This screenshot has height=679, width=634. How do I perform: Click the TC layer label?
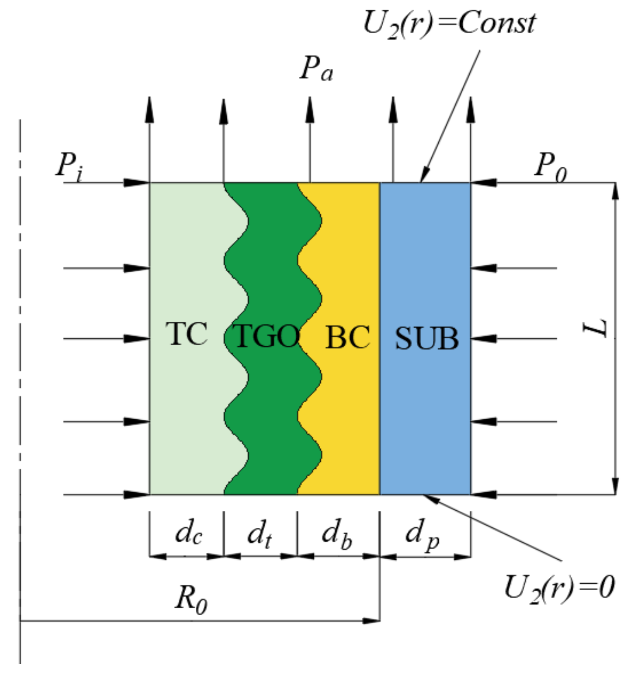click(x=186, y=334)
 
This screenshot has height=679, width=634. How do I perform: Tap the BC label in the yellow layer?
click(x=348, y=337)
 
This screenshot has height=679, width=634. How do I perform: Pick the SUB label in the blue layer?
click(x=427, y=338)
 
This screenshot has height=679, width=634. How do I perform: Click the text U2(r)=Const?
click(x=449, y=23)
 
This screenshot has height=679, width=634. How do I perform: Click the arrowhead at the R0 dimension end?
click(x=373, y=621)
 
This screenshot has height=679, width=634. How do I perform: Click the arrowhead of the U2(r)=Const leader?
click(x=423, y=177)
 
